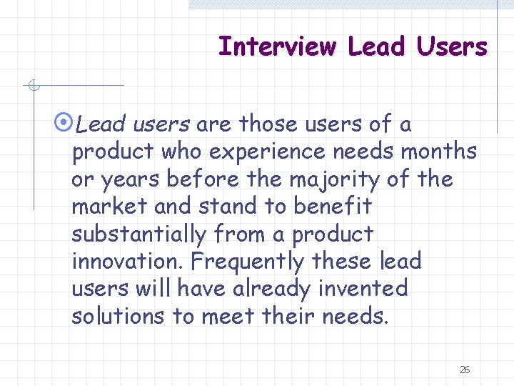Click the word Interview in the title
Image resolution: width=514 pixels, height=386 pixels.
click(277, 47)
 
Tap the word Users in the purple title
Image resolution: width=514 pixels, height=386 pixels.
click(453, 47)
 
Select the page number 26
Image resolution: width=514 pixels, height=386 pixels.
click(465, 370)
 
